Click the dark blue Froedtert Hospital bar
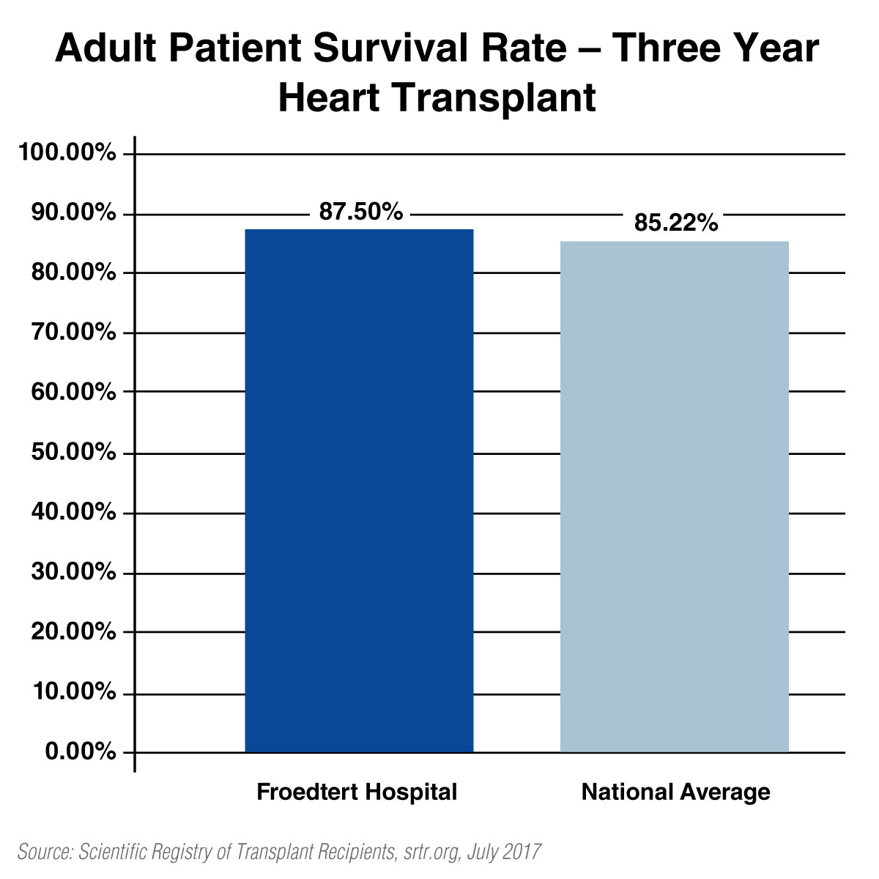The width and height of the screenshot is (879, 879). click(x=359, y=491)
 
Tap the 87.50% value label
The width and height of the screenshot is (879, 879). click(x=360, y=212)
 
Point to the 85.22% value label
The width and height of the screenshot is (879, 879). click(x=675, y=223)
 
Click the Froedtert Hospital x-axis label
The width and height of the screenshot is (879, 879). click(x=357, y=792)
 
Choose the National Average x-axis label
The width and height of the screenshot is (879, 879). click(x=675, y=792)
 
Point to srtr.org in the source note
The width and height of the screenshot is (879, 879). click(x=434, y=852)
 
